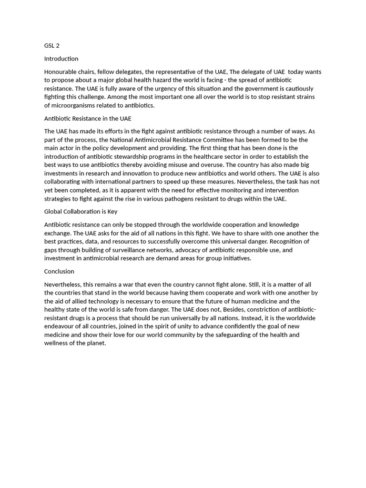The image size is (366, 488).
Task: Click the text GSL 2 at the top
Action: (x=52, y=46)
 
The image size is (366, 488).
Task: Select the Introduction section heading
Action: (x=61, y=59)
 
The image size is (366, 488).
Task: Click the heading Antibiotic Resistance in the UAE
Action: (x=88, y=118)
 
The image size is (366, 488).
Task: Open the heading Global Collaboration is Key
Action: (x=81, y=212)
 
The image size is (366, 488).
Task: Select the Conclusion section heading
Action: (x=59, y=271)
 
